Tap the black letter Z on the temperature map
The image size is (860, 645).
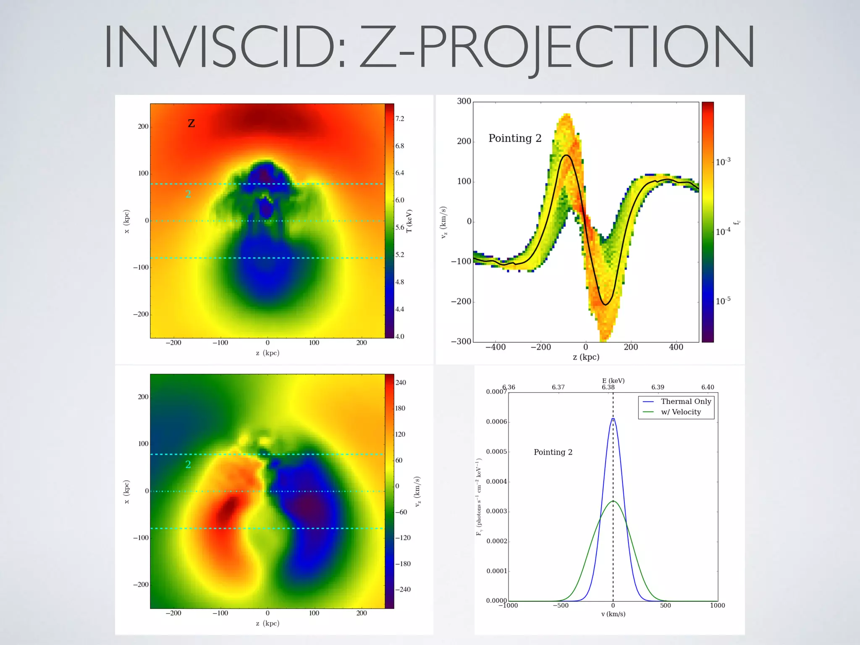tap(191, 123)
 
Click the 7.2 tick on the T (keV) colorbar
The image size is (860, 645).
tap(400, 119)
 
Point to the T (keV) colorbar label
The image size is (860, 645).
tap(409, 220)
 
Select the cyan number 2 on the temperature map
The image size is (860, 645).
tap(188, 194)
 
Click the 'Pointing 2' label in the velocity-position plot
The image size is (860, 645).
tap(515, 138)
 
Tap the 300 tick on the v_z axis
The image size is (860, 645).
tap(464, 101)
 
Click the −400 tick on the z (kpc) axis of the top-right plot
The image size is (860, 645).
tap(496, 347)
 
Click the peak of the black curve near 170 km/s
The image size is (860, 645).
tap(566, 155)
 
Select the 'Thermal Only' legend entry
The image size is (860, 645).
tap(686, 401)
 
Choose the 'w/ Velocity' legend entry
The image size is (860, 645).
tap(681, 412)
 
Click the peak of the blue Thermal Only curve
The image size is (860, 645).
tap(613, 419)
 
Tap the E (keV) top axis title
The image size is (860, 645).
tap(613, 380)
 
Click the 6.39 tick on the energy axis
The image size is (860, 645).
tap(658, 387)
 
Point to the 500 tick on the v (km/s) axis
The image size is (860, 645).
tap(665, 606)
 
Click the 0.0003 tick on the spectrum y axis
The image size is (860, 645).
tap(496, 511)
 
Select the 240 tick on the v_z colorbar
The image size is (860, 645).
tap(401, 383)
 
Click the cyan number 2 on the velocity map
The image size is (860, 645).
tap(188, 464)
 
